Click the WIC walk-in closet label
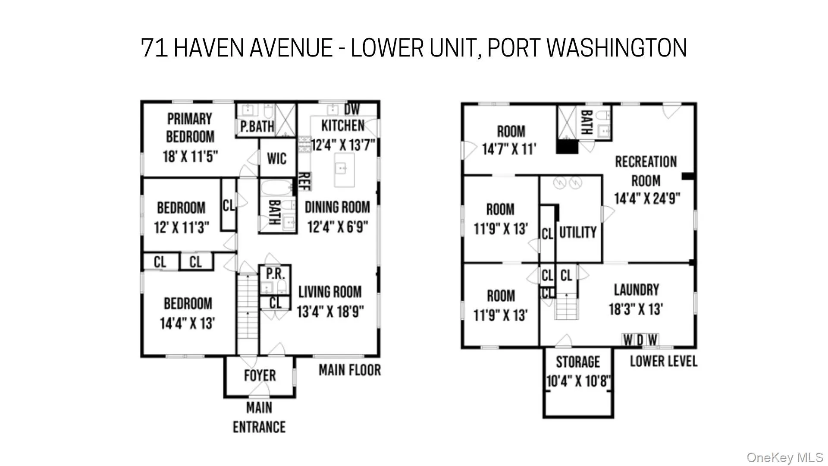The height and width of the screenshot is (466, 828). click(276, 158)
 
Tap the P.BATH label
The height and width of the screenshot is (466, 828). click(257, 126)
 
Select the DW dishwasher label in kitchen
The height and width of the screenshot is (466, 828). click(351, 109)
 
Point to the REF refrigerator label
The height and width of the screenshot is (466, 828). click(304, 181)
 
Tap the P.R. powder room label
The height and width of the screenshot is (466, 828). click(275, 274)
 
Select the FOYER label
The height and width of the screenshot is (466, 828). click(260, 375)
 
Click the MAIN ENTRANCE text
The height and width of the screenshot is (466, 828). click(259, 417)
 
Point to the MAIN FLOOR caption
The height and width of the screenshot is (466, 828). click(350, 370)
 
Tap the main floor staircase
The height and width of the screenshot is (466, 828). click(248, 313)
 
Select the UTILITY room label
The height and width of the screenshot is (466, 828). click(577, 233)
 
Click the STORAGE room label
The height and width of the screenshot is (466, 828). click(577, 362)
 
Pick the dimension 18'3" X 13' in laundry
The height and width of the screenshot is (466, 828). click(636, 309)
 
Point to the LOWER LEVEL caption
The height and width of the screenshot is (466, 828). click(663, 361)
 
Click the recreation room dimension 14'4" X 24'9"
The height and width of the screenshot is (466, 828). click(647, 199)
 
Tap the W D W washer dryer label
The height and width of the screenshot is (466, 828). click(640, 340)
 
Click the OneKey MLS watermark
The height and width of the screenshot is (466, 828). click(784, 457)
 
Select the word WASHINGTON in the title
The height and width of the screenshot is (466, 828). click(617, 47)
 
